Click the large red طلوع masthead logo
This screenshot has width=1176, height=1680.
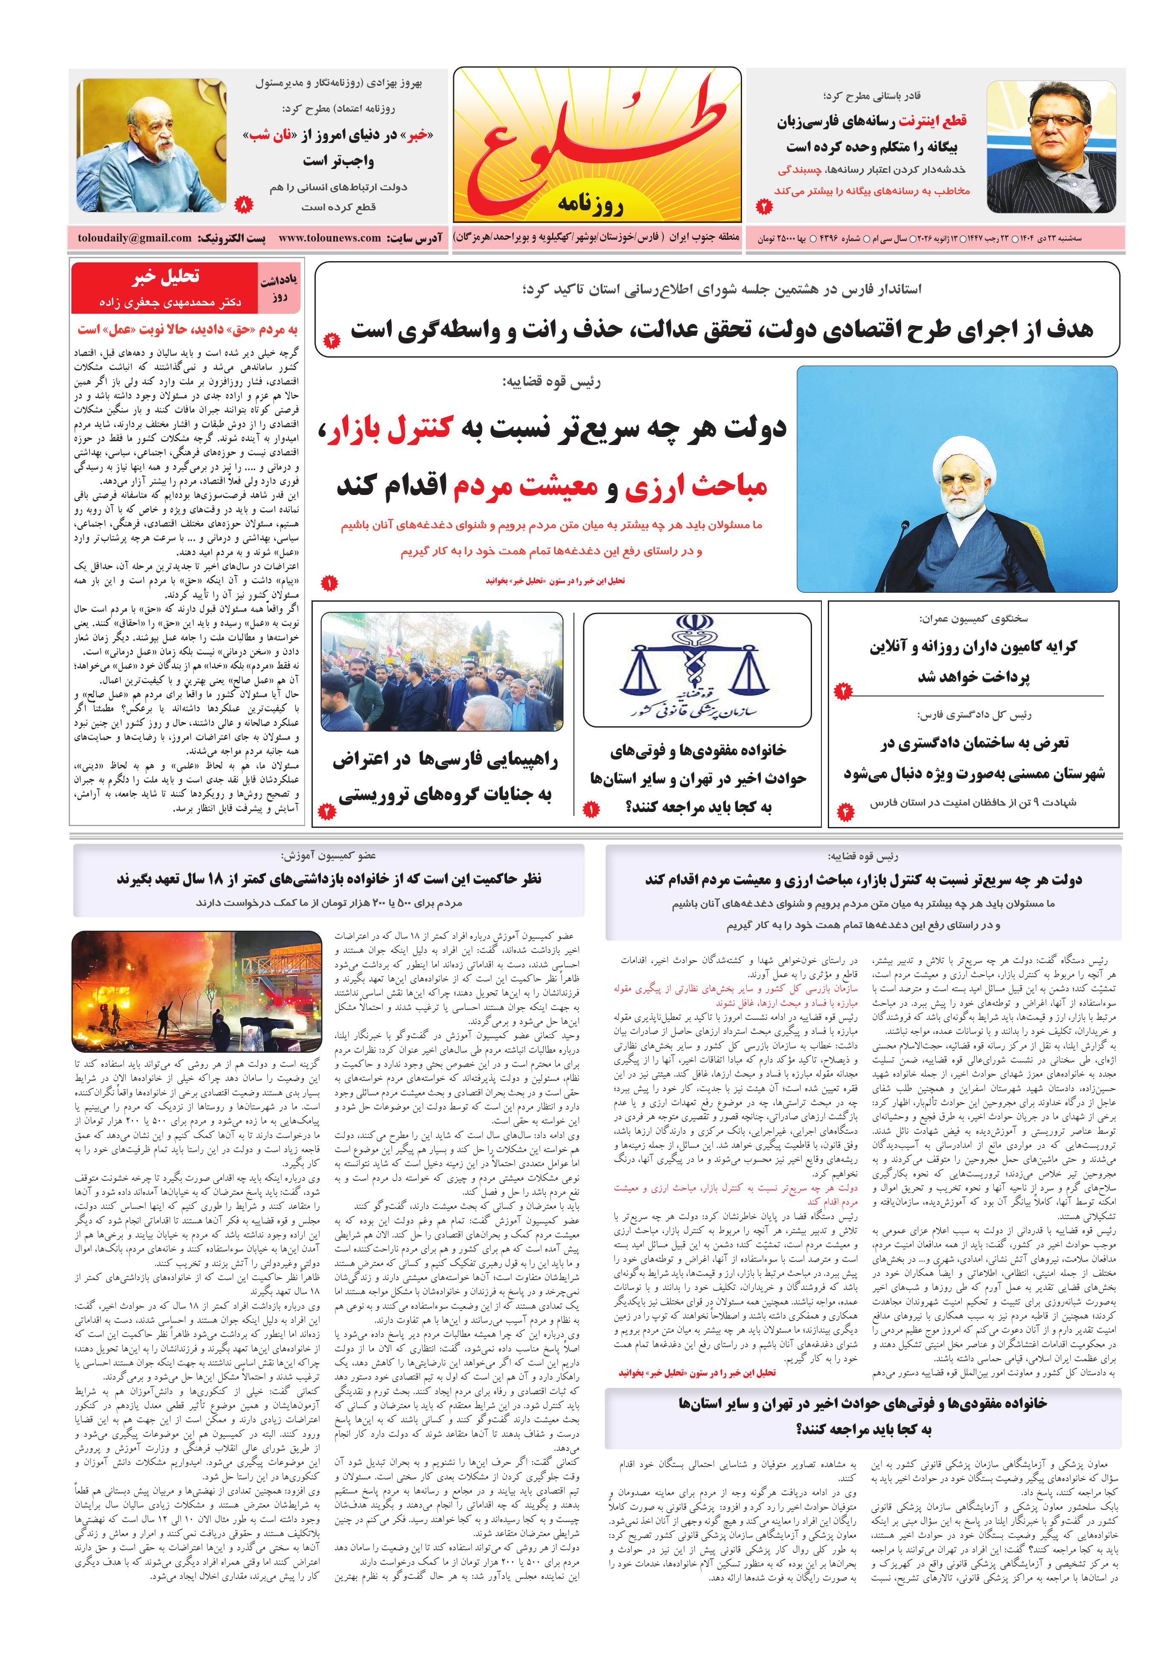[x=597, y=139]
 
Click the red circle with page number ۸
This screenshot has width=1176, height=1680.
[x=245, y=205]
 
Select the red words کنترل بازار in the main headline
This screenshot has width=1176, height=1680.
[x=399, y=430]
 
